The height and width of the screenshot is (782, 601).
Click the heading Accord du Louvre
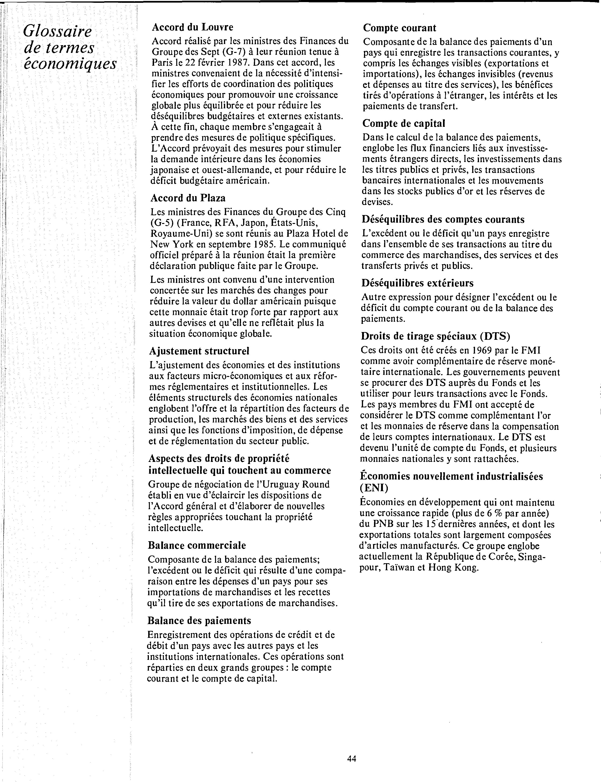tap(192, 27)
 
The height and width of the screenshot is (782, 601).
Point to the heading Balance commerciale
tap(197, 545)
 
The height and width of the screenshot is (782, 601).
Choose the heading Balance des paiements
tap(199, 621)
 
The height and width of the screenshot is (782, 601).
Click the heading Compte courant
tap(399, 28)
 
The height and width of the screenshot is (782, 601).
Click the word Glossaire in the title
tap(57, 32)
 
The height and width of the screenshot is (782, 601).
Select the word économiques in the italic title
tap(70, 64)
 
